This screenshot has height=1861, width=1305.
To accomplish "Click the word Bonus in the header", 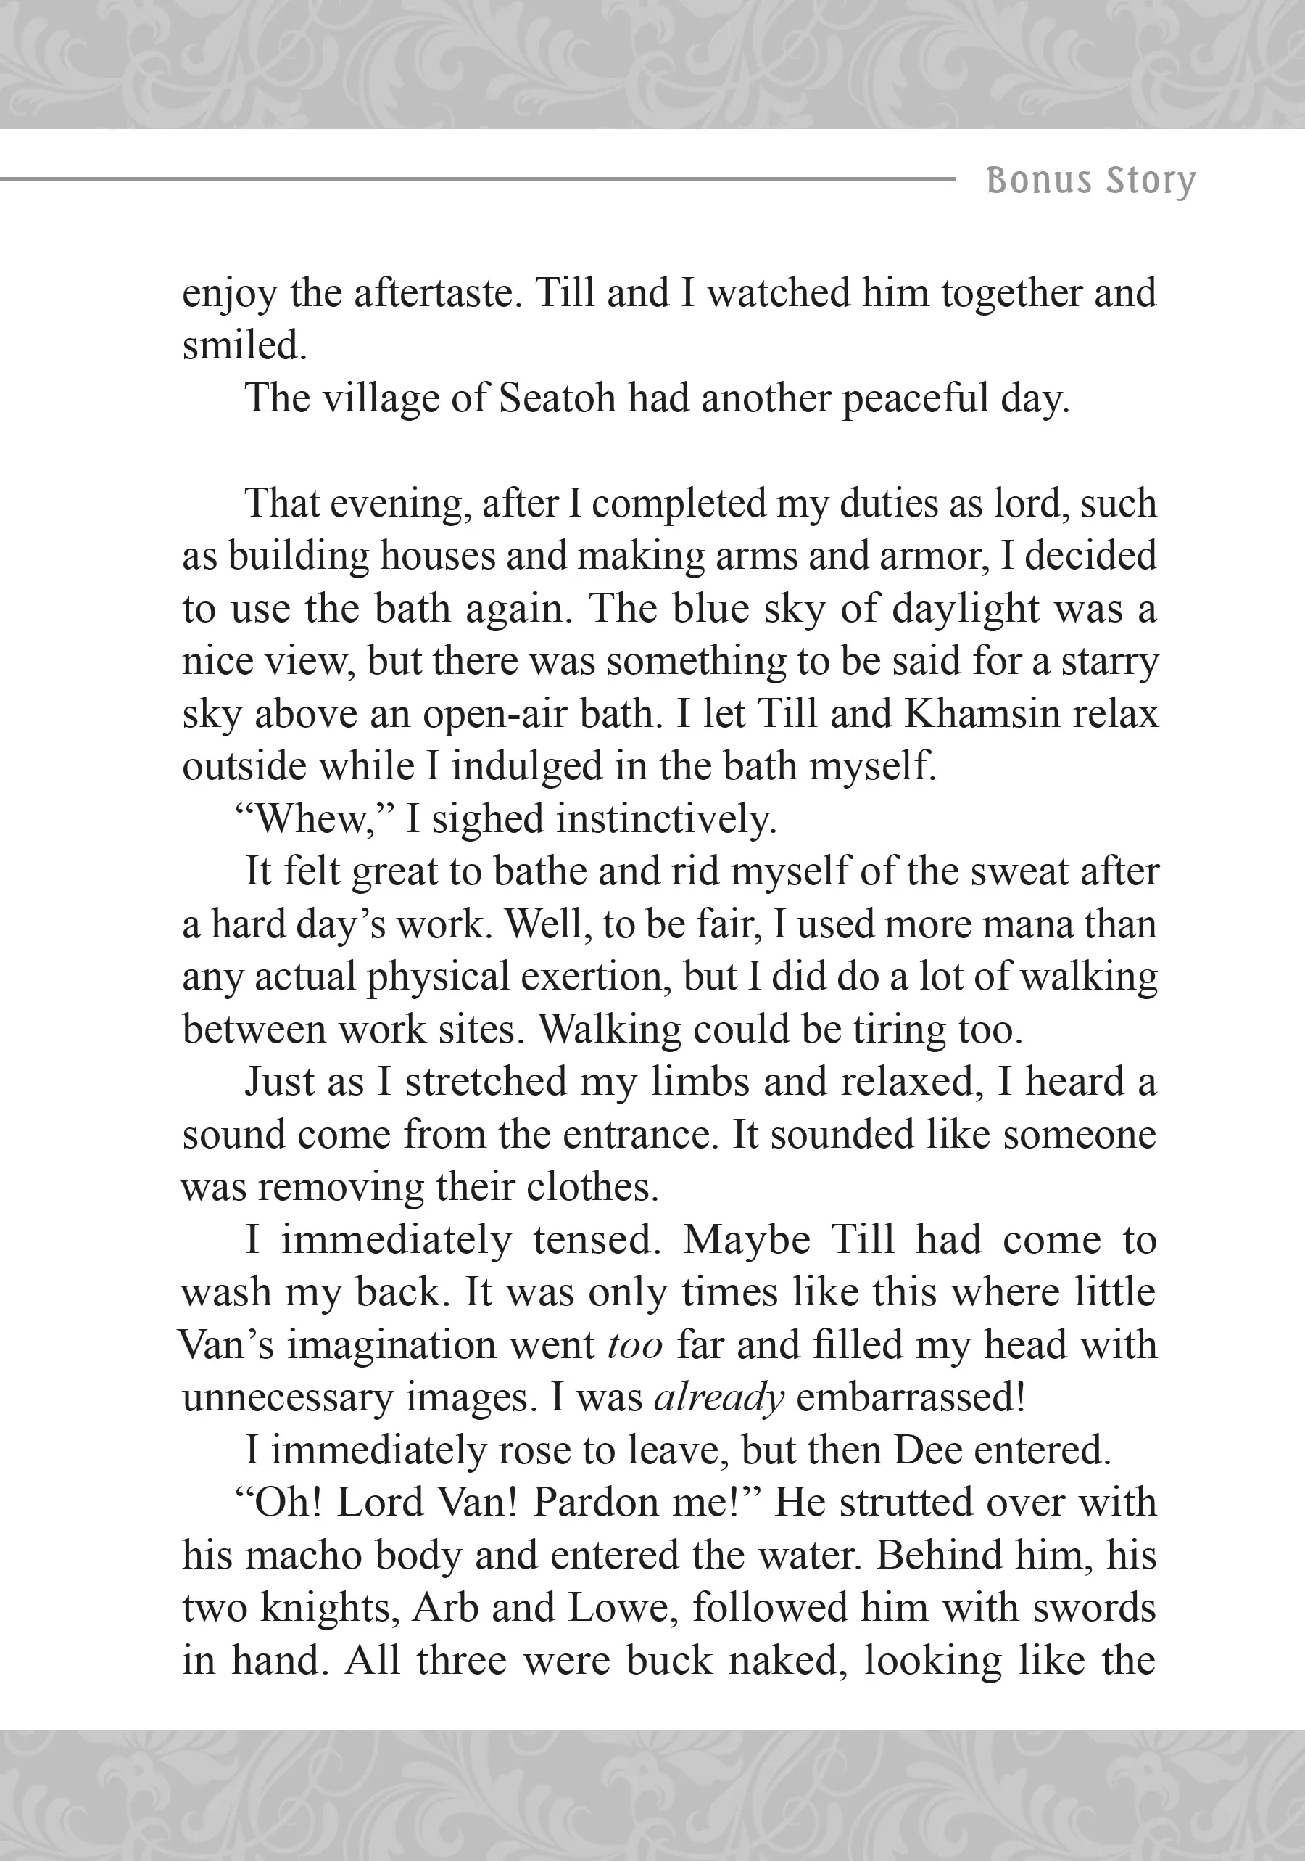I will click(x=1038, y=180).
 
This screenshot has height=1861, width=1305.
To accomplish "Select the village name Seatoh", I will click(x=558, y=398).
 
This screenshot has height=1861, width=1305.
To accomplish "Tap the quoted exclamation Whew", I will click(x=312, y=819).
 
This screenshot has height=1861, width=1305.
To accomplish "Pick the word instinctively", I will click(x=666, y=819).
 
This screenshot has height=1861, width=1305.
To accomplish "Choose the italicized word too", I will click(x=635, y=1345).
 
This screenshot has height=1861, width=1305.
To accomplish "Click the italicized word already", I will click(x=719, y=1398).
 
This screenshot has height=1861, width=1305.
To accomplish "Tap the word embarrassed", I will click(x=911, y=1398).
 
